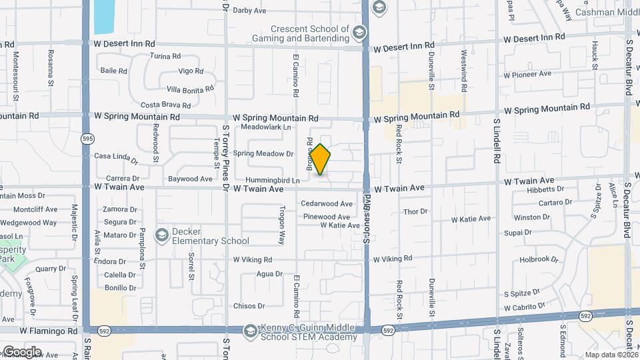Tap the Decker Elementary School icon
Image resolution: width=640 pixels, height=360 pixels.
point(161,235)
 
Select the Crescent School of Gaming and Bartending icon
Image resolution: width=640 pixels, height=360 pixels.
point(359,33)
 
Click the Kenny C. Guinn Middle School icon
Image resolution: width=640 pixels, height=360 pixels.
point(249,331)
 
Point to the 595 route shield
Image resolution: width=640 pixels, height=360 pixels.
point(88,139)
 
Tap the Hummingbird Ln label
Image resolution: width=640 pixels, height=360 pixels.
point(272,181)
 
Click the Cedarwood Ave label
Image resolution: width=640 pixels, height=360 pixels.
point(327,203)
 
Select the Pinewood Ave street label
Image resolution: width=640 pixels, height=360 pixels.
point(326,217)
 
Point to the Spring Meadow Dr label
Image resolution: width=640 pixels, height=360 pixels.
point(263,153)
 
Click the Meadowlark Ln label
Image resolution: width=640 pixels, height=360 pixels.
point(267,127)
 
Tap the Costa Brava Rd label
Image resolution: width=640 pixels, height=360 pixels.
point(166,105)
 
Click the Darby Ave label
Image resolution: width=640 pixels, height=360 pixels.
point(250,11)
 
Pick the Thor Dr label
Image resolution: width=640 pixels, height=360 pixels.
point(415,211)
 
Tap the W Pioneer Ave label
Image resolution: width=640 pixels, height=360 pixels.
point(527,74)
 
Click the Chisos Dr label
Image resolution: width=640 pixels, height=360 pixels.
point(249,306)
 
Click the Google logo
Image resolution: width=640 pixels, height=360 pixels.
point(22,351)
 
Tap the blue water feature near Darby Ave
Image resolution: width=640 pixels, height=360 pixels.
point(103,17)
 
